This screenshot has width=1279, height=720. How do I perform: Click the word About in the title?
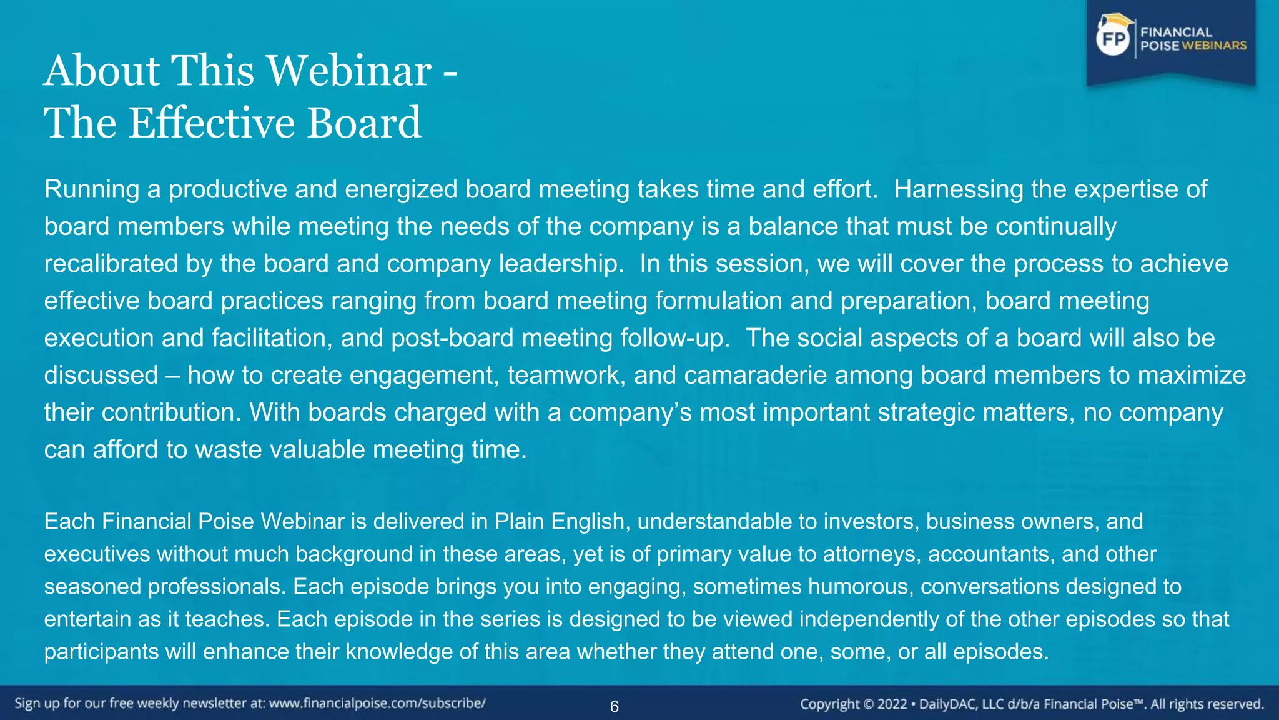click(103, 70)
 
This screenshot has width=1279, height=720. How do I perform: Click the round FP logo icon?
click(1114, 40)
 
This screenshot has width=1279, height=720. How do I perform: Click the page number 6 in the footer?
click(615, 707)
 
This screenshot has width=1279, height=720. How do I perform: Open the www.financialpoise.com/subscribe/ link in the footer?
click(377, 704)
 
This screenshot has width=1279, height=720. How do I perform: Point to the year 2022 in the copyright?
click(892, 704)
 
